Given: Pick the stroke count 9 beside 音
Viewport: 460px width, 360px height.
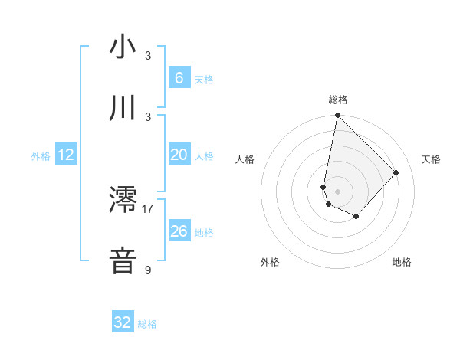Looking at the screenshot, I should (x=148, y=270).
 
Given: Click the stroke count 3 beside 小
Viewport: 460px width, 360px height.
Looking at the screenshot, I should (x=148, y=55).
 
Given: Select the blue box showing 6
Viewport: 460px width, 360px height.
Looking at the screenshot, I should (x=179, y=78).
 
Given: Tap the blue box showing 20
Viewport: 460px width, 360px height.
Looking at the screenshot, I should (x=179, y=155).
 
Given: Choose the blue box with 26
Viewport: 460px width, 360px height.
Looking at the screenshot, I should (x=179, y=231).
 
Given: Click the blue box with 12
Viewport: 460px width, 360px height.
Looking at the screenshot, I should (x=66, y=155).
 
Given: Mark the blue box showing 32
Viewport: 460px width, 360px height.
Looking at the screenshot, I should (x=123, y=322).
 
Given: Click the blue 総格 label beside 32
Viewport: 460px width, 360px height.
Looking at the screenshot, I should (x=147, y=324).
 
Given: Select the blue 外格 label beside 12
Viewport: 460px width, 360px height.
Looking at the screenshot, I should (x=41, y=156).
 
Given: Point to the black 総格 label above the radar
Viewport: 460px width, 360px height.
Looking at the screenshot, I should (x=338, y=100).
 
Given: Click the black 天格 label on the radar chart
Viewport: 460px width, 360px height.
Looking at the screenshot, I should (x=431, y=159).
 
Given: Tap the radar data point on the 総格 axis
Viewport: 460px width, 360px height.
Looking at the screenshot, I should (x=337, y=116).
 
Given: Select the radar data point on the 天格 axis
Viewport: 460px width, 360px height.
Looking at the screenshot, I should (x=396, y=172).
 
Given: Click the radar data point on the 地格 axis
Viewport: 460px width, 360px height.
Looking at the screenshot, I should (x=356, y=217).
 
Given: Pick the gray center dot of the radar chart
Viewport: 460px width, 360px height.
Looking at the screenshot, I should (x=337, y=191).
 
